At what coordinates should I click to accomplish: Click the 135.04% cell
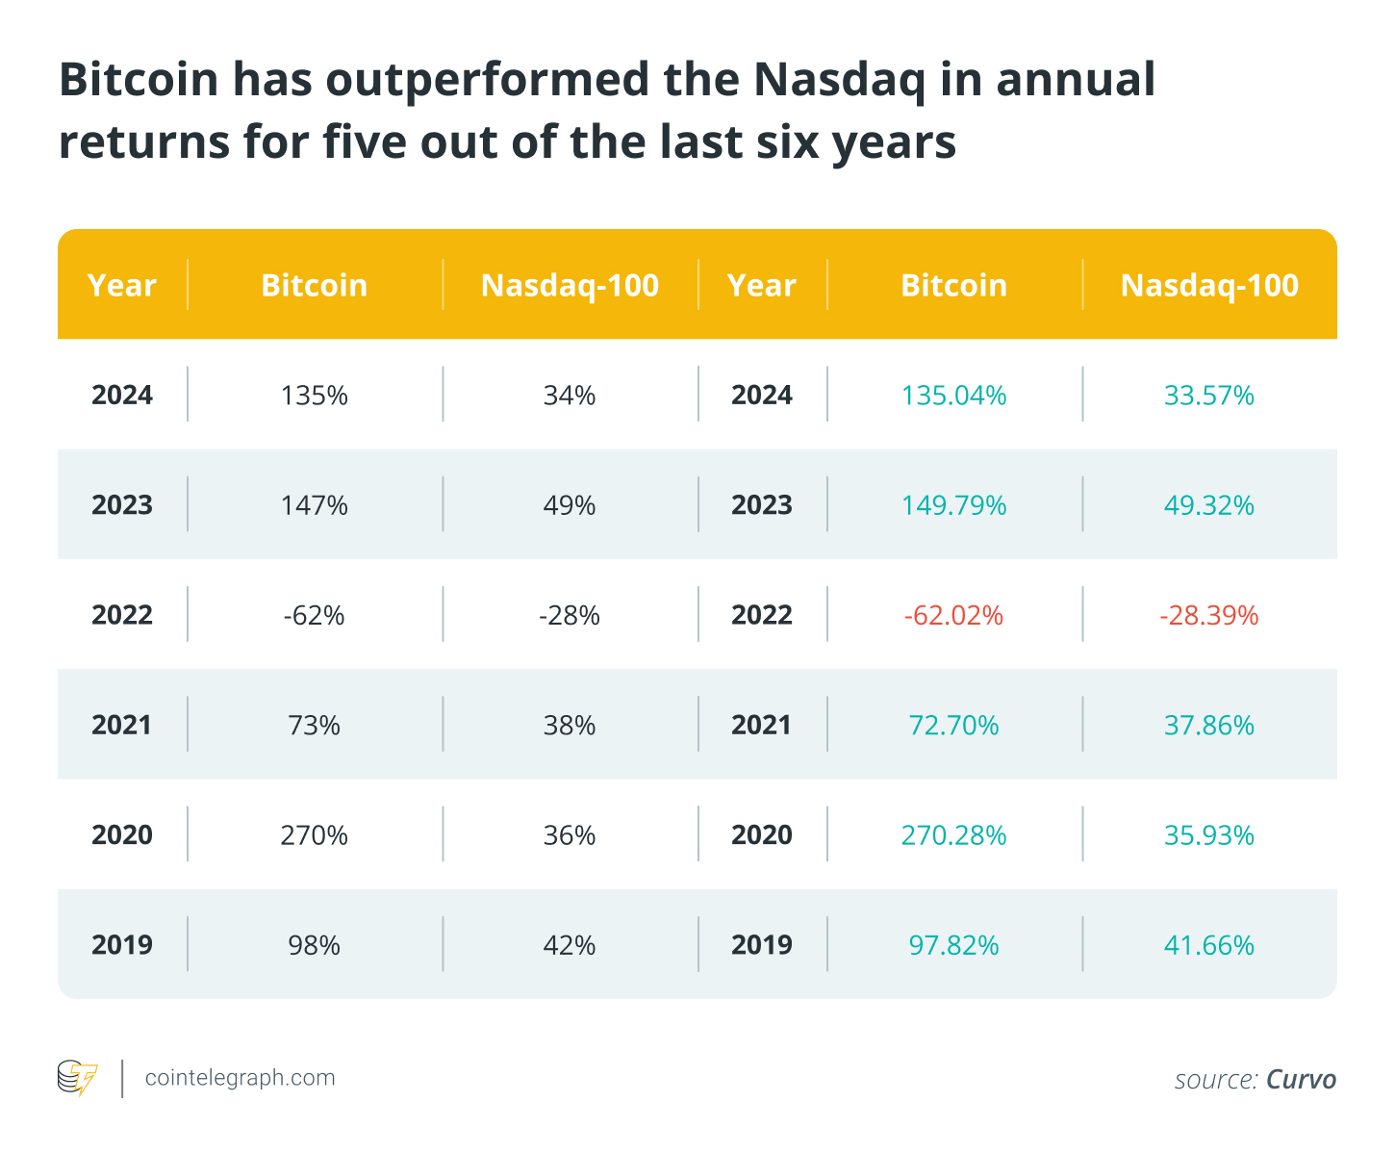[x=953, y=396]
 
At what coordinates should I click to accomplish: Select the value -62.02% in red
[x=953, y=615]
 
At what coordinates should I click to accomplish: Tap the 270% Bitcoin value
[x=315, y=834]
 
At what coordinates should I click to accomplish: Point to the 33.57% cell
[x=1209, y=396]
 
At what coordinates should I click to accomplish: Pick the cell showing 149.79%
[x=953, y=505]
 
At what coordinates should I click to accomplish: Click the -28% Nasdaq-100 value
[x=570, y=615]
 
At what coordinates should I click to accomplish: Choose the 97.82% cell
[x=953, y=945]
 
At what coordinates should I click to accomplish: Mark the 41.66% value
[x=1209, y=945]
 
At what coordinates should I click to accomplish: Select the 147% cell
[x=315, y=505]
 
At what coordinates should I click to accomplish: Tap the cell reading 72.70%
[x=953, y=725]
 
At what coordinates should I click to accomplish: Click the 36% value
[x=570, y=834]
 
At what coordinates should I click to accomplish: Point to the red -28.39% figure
[x=1209, y=615]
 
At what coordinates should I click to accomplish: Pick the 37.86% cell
[x=1209, y=725]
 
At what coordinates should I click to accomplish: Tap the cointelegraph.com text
[x=240, y=1077]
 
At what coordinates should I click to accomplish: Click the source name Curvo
[x=1301, y=1079]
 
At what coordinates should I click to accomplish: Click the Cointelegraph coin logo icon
[x=77, y=1078]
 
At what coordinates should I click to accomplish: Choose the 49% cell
[x=570, y=505]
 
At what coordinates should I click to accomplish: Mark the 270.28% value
[x=953, y=834]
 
